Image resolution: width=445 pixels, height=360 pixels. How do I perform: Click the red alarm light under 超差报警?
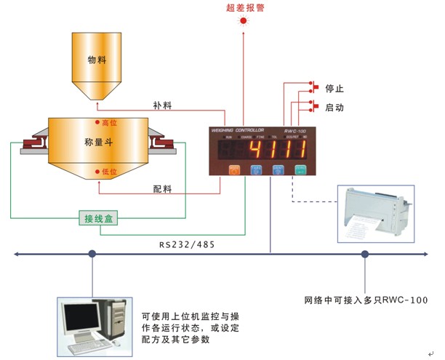click(x=243, y=22)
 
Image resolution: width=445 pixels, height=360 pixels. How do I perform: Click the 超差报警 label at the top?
click(x=243, y=8)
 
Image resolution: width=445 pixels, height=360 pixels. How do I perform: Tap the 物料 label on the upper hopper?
click(x=97, y=61)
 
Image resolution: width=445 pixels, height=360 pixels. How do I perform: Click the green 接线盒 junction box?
click(x=97, y=217)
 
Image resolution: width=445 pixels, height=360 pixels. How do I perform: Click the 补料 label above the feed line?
click(x=163, y=105)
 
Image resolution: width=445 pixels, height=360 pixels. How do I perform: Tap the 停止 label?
click(x=335, y=89)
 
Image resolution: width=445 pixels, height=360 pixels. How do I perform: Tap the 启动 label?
click(x=335, y=108)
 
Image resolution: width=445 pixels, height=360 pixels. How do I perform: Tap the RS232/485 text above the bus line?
click(x=185, y=245)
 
